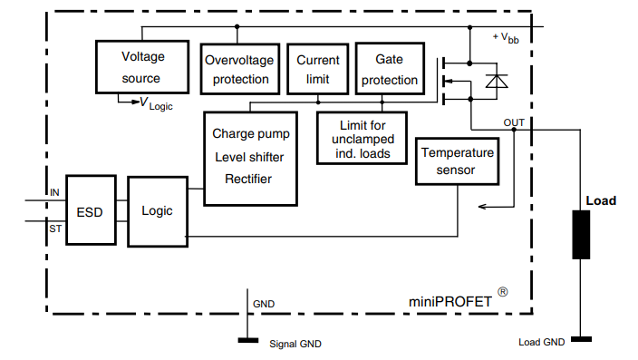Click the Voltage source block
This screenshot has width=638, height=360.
pos(142,66)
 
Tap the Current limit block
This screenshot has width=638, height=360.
pos(318,69)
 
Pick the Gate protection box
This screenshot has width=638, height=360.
pos(389,69)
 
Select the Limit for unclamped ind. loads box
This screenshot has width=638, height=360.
pos(362,139)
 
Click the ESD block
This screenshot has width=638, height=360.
pos(90,211)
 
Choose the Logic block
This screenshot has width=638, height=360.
pos(157,211)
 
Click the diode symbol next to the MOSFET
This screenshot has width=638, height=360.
pos(496,83)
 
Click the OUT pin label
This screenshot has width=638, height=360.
pos(513,122)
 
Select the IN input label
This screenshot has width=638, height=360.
pos(54,192)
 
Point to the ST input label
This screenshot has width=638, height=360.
pos(54,229)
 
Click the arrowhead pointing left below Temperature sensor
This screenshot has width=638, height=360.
pos(482,207)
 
